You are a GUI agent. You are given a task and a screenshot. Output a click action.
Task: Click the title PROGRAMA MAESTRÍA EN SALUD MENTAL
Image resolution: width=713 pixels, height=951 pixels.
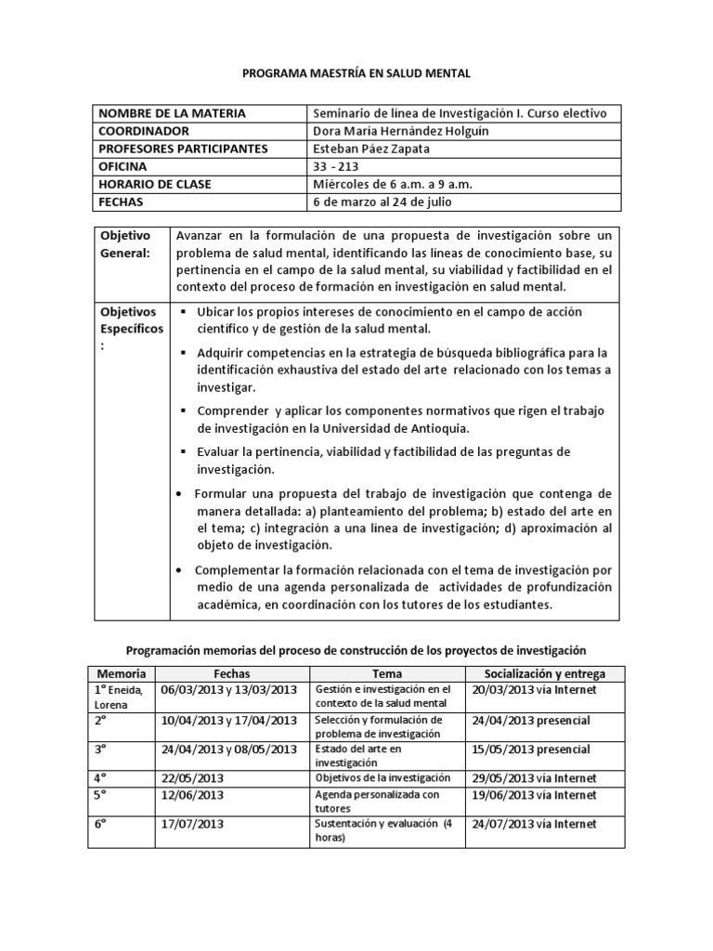(356, 73)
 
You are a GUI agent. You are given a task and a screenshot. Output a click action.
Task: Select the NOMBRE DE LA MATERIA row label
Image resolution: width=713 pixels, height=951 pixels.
(173, 113)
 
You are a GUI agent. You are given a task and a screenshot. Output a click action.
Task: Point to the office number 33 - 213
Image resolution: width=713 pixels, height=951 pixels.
(337, 166)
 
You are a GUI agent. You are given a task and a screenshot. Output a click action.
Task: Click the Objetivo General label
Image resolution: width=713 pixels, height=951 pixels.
(124, 244)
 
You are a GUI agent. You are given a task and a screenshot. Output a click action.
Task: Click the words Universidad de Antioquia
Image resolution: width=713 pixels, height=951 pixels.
(400, 427)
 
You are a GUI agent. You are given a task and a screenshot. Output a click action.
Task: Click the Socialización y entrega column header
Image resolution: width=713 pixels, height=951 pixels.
(544, 672)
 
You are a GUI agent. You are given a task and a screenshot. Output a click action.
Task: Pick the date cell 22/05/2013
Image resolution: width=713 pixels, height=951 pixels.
(194, 778)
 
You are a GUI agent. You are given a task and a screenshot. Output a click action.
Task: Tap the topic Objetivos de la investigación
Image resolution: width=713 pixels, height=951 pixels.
(382, 778)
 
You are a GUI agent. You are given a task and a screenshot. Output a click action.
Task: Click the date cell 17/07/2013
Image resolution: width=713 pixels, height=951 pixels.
(194, 824)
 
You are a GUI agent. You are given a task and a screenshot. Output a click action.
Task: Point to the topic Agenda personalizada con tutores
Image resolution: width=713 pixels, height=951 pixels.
(377, 801)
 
